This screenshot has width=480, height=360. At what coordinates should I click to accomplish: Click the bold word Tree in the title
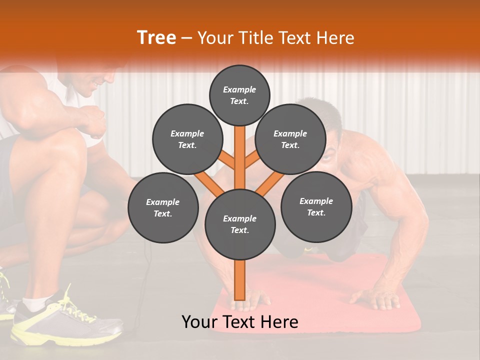156,37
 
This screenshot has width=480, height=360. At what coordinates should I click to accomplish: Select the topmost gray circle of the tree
239,95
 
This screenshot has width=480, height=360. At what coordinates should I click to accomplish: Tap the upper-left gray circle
187,139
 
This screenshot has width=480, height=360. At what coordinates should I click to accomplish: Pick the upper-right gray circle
290,139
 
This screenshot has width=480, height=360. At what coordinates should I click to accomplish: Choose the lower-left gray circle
163,207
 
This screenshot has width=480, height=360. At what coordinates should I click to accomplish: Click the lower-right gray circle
316,206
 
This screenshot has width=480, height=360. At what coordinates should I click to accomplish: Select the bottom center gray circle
240,224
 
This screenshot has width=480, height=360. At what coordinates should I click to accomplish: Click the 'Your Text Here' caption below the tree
240,322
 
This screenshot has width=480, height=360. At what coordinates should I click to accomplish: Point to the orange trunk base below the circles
240,280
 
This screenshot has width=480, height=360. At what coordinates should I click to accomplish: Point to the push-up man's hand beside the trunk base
255,300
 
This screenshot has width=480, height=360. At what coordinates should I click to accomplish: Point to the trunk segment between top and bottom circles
240,160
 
